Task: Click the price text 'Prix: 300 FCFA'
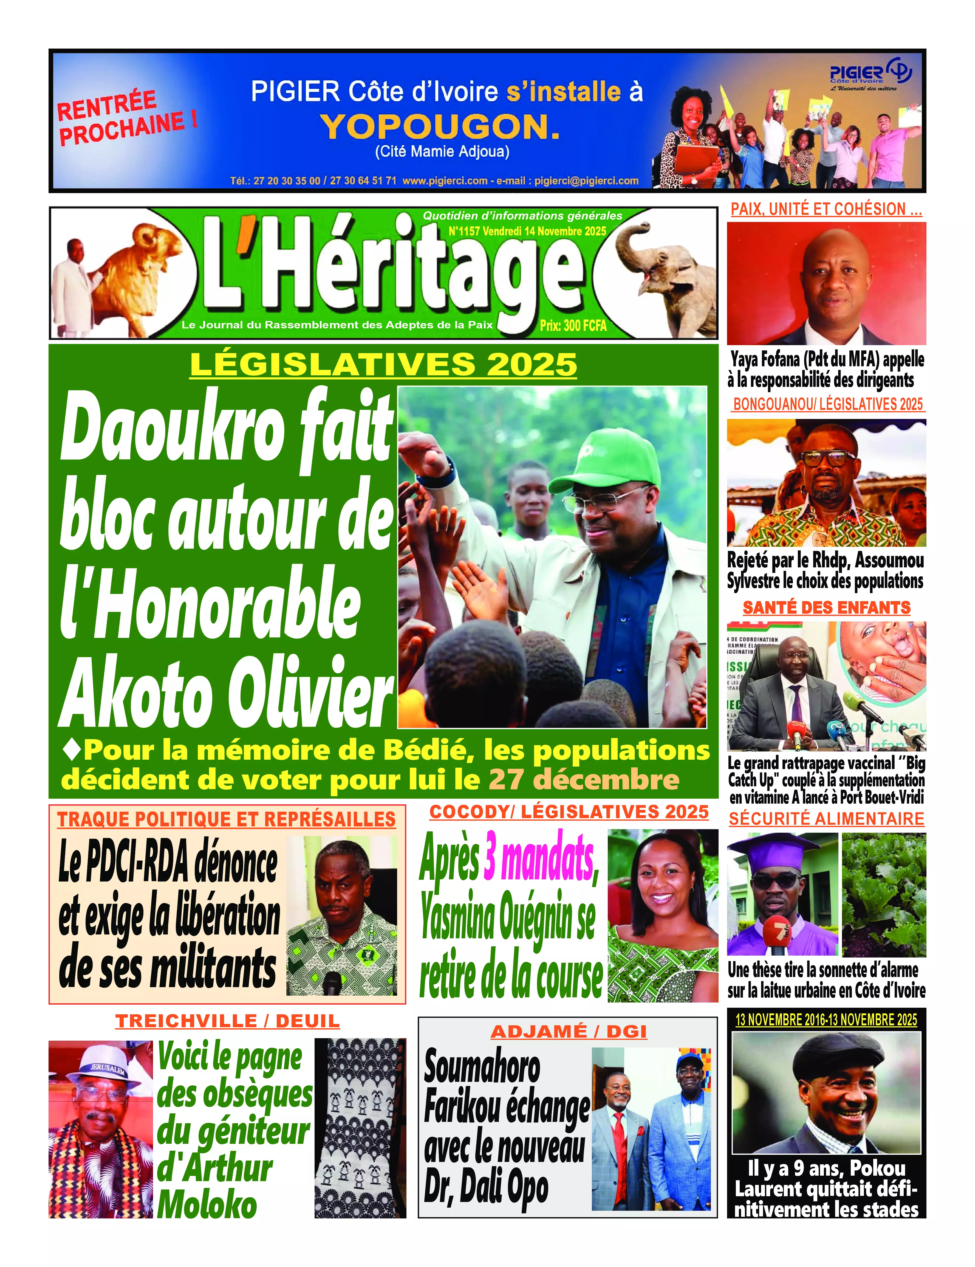point(573,325)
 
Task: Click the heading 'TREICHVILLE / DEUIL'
point(227,1021)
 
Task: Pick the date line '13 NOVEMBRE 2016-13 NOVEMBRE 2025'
point(826,1020)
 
